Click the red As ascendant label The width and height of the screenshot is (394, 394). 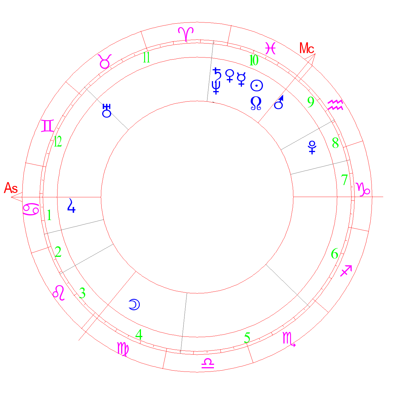(x=11, y=188)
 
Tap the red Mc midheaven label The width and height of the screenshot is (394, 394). (x=306, y=48)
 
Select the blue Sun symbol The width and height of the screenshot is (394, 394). (x=257, y=86)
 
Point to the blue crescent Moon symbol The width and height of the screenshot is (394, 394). (x=134, y=304)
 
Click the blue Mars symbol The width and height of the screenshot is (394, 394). (x=279, y=102)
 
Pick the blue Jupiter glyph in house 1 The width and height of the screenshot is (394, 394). (x=71, y=205)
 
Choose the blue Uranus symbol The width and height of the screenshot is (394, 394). (x=107, y=111)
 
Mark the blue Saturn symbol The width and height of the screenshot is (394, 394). (x=217, y=74)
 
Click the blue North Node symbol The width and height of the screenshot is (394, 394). (x=256, y=103)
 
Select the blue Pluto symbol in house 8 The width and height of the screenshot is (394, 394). (x=312, y=147)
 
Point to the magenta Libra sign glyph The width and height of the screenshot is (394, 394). (x=208, y=363)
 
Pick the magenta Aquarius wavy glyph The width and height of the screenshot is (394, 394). (x=335, y=105)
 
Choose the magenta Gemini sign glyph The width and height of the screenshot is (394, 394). (x=48, y=126)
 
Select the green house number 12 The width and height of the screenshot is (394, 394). (x=58, y=141)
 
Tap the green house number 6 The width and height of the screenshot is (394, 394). (x=334, y=254)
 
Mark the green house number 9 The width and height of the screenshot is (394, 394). (x=311, y=102)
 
